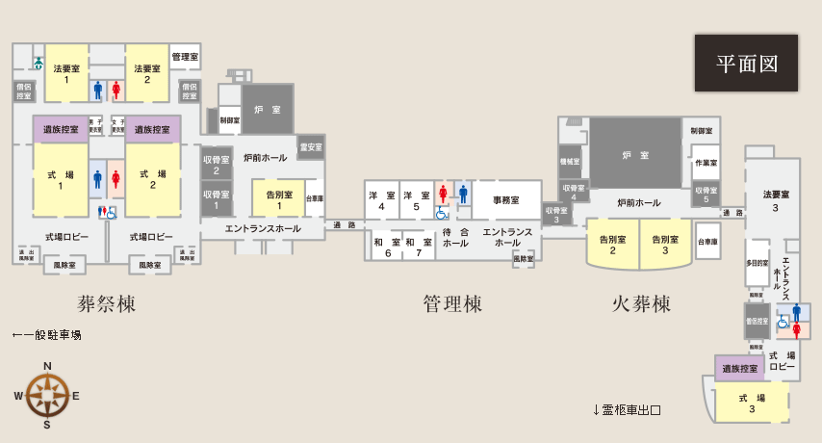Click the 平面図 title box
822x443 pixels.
746,64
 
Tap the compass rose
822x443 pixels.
46,395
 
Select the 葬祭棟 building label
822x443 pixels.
106,304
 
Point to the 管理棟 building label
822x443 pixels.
452,304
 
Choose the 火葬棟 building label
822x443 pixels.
641,304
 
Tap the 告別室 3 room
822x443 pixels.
666,244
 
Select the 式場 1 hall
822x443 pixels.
61,180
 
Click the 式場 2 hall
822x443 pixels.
153,180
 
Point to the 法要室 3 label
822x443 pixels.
775,201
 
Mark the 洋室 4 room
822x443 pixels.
382,200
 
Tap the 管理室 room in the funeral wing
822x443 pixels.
185,57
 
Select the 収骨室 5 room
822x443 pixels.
705,194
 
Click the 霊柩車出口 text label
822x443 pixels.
627,409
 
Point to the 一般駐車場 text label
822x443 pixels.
46,335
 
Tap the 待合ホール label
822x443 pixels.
454,237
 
